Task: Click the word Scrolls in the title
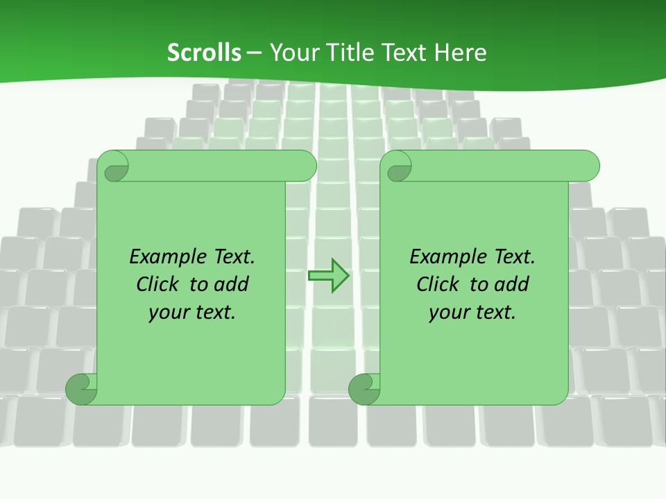204,53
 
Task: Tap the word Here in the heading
460,53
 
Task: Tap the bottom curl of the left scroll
81,388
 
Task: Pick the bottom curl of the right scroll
364,388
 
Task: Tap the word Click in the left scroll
159,284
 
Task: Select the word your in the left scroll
168,313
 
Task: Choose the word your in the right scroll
448,313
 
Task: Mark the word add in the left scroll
232,284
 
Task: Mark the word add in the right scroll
513,284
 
